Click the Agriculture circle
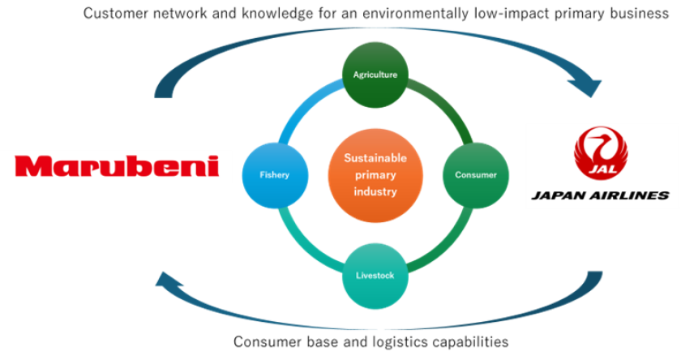[x=375, y=75]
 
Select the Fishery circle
[x=274, y=174]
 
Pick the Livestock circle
[x=375, y=276]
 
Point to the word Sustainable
[x=375, y=158]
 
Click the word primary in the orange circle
[x=375, y=175]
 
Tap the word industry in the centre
[x=375, y=192]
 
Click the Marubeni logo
[x=117, y=166]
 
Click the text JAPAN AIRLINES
[x=601, y=195]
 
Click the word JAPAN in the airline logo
[x=556, y=195]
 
